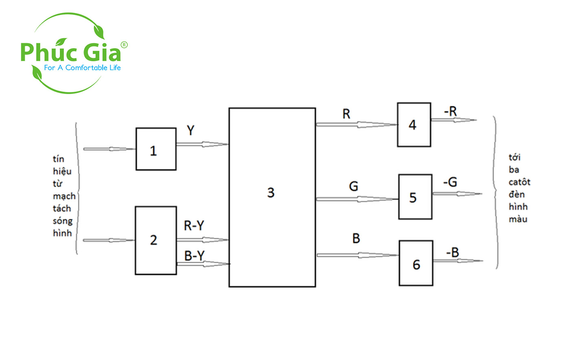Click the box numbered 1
(x=156, y=149)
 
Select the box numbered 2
(x=156, y=240)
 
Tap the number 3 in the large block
(x=271, y=193)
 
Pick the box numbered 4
(x=414, y=125)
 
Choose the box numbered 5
(x=415, y=197)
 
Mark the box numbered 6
(x=416, y=263)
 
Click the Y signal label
(x=191, y=131)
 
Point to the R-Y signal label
(x=194, y=226)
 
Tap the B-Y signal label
(x=194, y=256)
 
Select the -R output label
(x=450, y=111)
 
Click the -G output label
(x=450, y=182)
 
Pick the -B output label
(x=452, y=253)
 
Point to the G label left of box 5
(x=353, y=187)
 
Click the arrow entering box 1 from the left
(x=109, y=149)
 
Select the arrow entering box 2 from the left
(x=109, y=240)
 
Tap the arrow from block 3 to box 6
(x=357, y=255)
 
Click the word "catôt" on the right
(x=519, y=182)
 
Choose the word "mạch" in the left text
(x=64, y=196)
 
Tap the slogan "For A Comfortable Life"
(x=82, y=68)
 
